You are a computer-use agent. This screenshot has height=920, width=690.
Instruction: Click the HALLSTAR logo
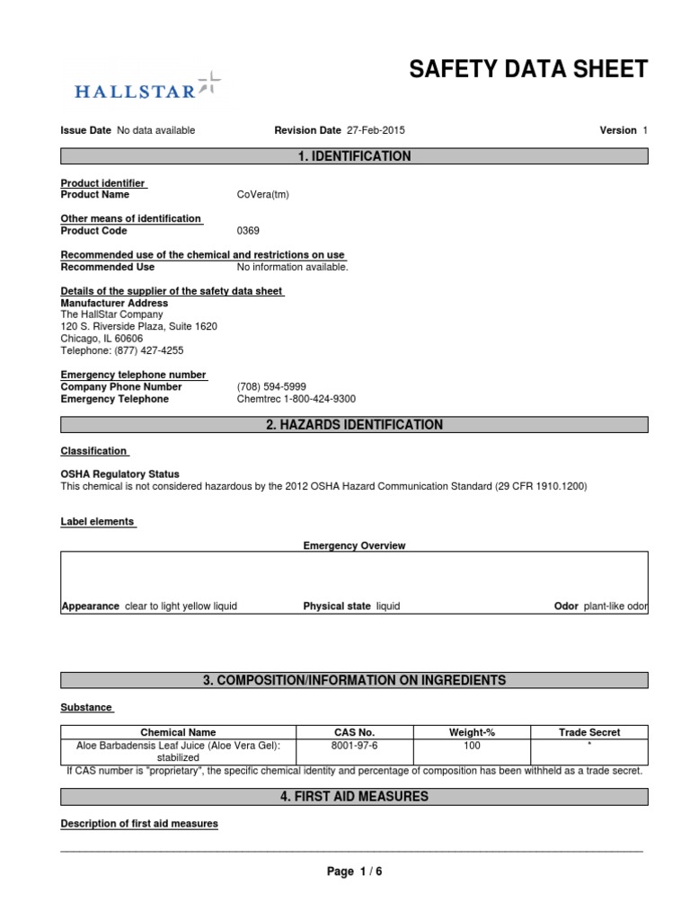pos(145,88)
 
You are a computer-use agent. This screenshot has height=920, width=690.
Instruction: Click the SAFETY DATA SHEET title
pos(528,69)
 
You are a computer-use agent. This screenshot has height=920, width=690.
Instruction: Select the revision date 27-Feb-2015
pos(376,130)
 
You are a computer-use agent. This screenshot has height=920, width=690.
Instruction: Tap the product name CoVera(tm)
pos(263,194)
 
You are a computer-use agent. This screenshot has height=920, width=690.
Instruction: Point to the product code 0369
pos(248,231)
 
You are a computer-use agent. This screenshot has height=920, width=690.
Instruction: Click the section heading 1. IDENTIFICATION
pos(354,156)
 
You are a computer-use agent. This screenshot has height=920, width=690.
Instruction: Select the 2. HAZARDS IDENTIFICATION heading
pos(354,425)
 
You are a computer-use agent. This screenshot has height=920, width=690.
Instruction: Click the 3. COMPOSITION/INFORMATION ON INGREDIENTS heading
pos(354,680)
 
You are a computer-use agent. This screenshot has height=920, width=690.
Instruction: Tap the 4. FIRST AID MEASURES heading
pos(354,796)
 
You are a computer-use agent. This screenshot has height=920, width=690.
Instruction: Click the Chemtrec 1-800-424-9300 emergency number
pos(296,399)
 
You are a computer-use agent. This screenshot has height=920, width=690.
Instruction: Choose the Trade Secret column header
pos(589,732)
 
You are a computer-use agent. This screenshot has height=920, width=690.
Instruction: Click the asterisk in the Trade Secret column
pos(589,746)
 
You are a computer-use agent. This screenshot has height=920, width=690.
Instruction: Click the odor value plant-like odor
pos(615,606)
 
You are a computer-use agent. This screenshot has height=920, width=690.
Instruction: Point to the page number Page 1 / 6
pos(354,871)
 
